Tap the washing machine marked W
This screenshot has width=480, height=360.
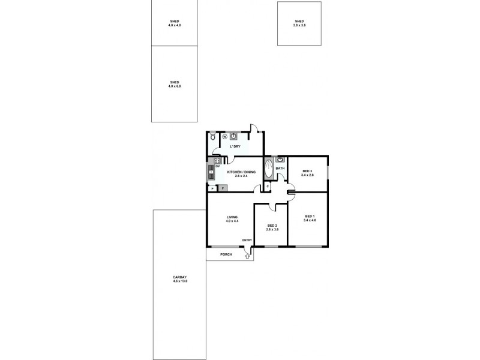(x=225, y=137)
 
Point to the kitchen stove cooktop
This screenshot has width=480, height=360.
(x=211, y=175)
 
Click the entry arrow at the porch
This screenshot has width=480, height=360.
(x=247, y=256)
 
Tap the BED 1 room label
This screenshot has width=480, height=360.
(x=310, y=216)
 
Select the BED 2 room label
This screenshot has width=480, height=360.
(x=272, y=226)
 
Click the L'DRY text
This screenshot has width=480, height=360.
(x=235, y=146)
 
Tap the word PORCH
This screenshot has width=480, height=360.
(x=226, y=254)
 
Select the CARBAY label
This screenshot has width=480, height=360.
(x=180, y=277)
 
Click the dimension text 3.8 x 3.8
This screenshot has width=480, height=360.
(x=299, y=26)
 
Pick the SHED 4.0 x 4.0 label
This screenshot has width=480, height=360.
(x=175, y=23)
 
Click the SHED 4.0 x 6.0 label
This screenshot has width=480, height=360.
(x=175, y=84)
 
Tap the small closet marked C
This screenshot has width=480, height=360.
(x=268, y=185)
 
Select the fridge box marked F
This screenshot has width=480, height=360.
(x=223, y=188)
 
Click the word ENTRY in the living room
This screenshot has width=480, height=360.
(x=247, y=241)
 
